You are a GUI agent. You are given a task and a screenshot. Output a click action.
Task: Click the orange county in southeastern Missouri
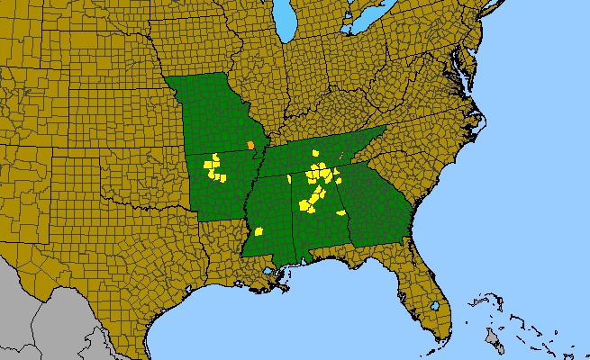(x=250, y=145)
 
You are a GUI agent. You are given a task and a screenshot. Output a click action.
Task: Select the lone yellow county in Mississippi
(x=259, y=231)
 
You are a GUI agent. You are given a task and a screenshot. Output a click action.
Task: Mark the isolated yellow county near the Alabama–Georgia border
(x=341, y=213)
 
